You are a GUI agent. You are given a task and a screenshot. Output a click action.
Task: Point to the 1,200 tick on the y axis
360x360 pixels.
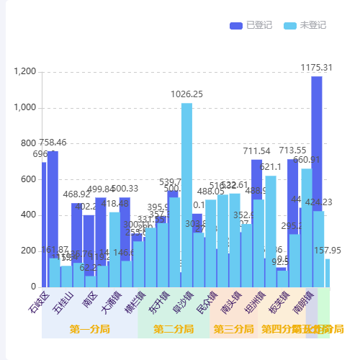point(24,72)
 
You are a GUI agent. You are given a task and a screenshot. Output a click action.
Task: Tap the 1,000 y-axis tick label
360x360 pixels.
point(24,108)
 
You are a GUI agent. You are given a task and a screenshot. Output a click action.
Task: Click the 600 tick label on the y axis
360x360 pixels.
point(29,179)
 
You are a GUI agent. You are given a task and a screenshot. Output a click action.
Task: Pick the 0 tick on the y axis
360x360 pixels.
point(34,287)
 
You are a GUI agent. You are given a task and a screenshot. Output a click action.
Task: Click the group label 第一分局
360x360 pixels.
point(89,329)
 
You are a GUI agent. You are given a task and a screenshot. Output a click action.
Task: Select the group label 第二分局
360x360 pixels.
point(174,329)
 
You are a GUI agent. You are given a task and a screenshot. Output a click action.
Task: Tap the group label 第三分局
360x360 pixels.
point(234,329)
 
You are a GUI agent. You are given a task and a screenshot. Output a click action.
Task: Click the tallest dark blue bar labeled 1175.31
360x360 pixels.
point(317,180)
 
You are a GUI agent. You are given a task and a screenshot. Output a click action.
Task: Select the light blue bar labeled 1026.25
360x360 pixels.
point(186,194)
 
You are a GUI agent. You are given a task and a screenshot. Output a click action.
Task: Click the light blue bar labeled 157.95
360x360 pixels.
point(328,273)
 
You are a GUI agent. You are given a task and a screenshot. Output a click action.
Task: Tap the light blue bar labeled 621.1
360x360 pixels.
point(271,230)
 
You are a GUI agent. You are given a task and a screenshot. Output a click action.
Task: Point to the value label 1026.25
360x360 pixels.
point(186,94)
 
